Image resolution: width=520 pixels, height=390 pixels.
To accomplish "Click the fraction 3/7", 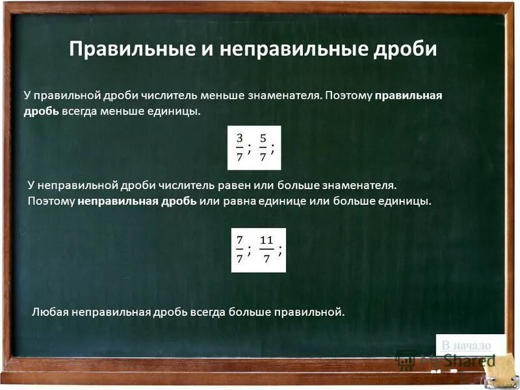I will [239, 148].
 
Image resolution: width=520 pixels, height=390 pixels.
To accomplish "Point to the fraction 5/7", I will [263, 148].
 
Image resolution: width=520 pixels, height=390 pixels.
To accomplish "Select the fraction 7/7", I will [239, 250].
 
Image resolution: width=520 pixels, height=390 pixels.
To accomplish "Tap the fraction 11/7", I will [266, 250].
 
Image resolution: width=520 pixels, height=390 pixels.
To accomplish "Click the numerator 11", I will [266, 240].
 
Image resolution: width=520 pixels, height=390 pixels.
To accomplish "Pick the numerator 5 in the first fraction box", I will [263, 138].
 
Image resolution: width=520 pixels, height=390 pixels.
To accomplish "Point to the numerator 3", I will [239, 138].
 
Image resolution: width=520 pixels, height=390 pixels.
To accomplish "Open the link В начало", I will [466, 345].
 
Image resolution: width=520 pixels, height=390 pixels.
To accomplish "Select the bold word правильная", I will [409, 96].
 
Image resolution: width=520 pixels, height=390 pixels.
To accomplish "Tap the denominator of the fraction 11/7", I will [266, 259].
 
